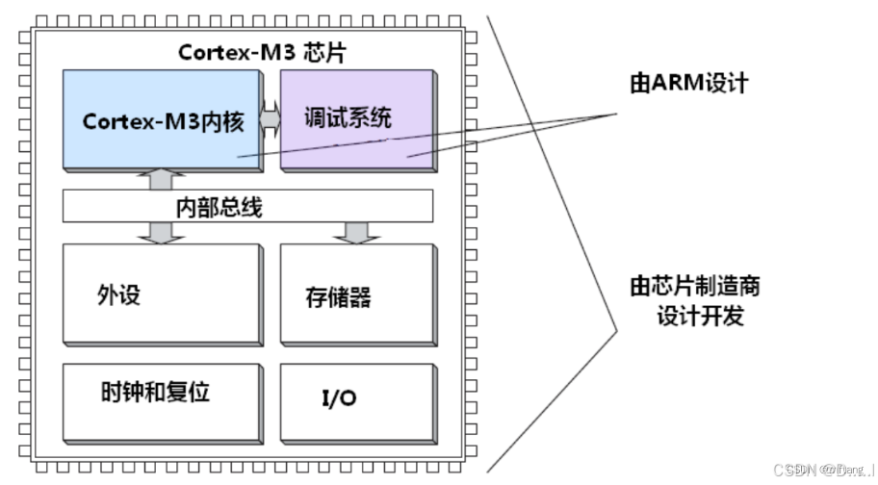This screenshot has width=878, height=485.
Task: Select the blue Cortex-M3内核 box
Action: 162,144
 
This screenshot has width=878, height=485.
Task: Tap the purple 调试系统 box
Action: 357,144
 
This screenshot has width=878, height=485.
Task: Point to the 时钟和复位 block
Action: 162,401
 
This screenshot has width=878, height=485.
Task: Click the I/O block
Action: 357,401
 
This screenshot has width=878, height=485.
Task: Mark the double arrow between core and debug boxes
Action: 271,122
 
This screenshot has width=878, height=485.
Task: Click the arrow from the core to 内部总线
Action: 162,180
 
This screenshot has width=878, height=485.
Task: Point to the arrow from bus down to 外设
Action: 162,231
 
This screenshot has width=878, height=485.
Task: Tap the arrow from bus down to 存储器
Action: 356,231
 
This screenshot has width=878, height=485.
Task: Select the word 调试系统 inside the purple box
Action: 348,120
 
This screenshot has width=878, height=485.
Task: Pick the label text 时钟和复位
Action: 155,393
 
